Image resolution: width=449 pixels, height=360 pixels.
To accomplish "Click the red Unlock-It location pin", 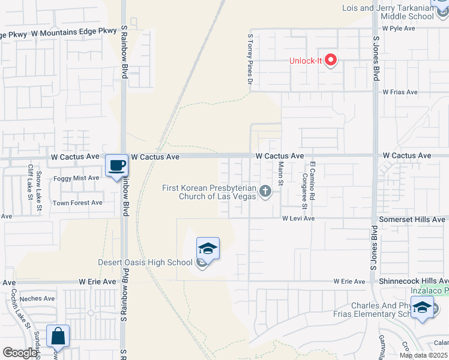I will [x=330, y=60].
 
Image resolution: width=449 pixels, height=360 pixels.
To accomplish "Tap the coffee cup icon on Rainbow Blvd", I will [x=116, y=165].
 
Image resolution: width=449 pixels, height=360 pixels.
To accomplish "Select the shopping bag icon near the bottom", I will [x=58, y=337].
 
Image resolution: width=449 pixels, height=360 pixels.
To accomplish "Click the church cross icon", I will [x=265, y=191].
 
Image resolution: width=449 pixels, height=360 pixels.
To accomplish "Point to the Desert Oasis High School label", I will [x=146, y=262].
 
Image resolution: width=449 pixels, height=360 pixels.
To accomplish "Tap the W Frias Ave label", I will [x=400, y=92].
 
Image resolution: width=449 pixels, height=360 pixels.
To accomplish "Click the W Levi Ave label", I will [x=298, y=218].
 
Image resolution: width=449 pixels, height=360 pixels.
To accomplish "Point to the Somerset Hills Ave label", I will [x=412, y=220].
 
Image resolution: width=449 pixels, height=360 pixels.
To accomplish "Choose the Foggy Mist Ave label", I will [x=76, y=178].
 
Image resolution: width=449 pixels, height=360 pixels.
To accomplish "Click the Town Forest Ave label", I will [x=77, y=203].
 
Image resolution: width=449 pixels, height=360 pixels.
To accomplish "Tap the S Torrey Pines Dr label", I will [x=250, y=58].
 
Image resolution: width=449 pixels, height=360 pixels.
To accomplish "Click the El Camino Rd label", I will [x=312, y=175].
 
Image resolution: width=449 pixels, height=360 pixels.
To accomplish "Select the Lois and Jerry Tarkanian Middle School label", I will [x=388, y=12].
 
